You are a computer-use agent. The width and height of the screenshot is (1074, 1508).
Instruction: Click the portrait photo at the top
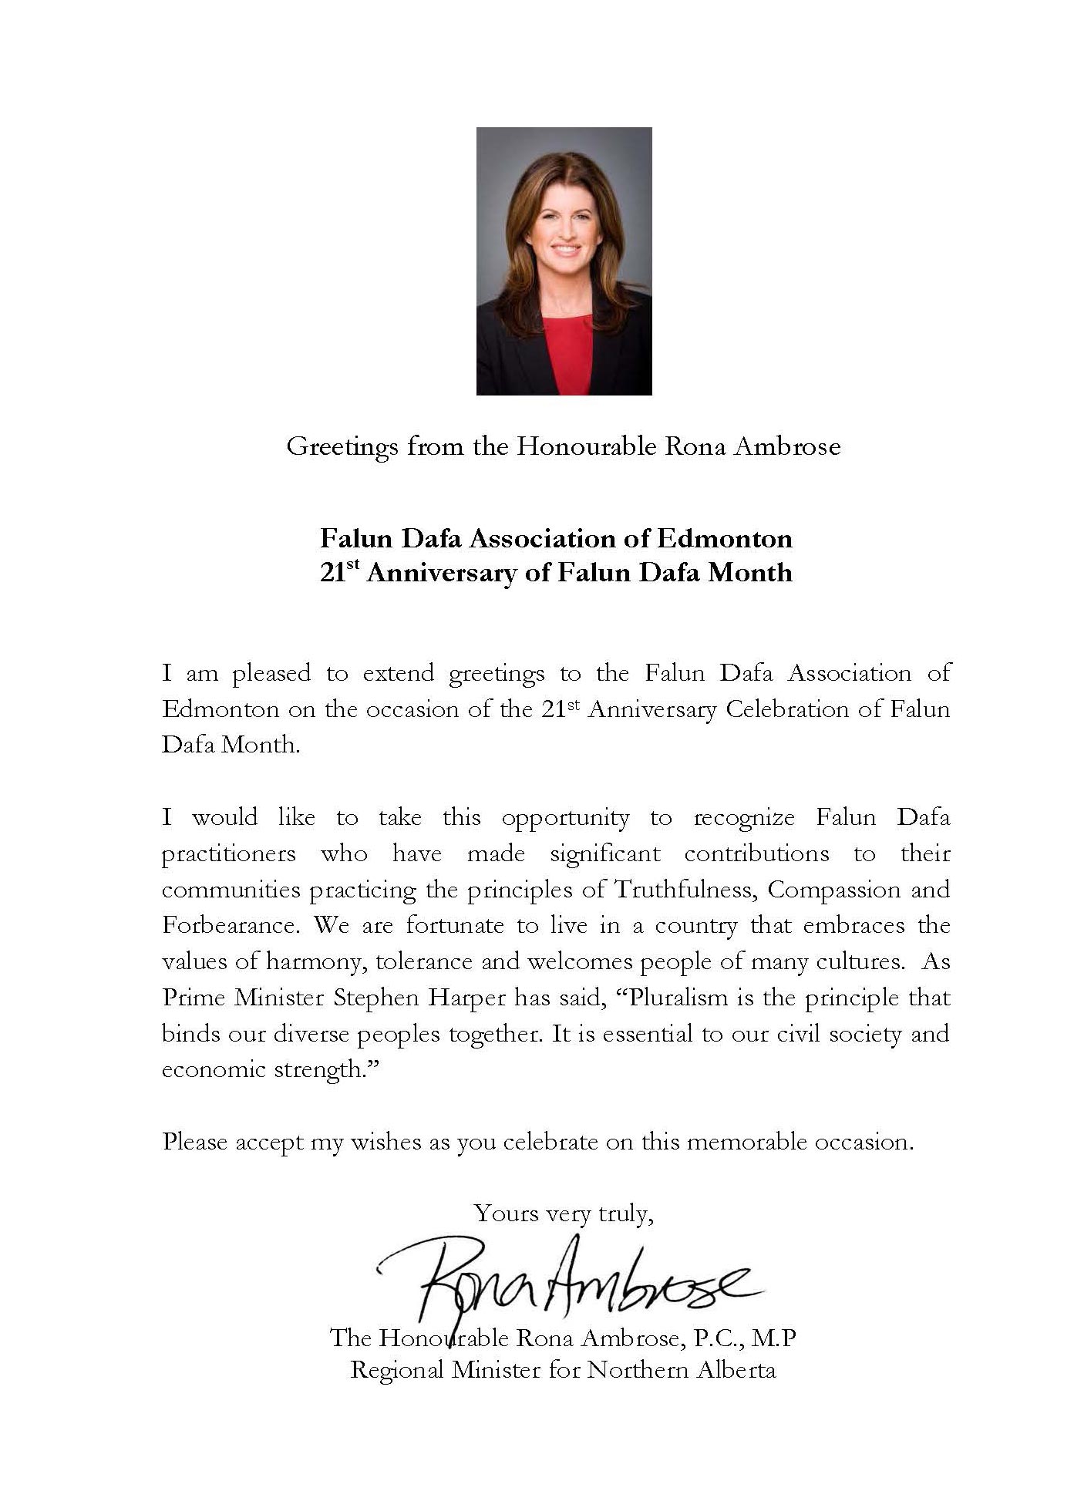click(x=564, y=261)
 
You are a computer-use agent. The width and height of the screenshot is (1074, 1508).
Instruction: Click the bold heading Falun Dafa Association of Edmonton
click(x=556, y=537)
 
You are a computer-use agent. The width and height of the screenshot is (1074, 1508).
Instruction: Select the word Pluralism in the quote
click(x=674, y=998)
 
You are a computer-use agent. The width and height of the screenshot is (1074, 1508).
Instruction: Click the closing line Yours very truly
click(x=564, y=1214)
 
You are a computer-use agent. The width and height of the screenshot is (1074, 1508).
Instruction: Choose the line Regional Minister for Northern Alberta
click(x=563, y=1371)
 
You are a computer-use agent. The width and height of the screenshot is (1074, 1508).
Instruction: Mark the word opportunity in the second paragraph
click(x=565, y=818)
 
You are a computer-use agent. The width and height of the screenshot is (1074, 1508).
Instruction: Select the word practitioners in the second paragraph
click(x=229, y=854)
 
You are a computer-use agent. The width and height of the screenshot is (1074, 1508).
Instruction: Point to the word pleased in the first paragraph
click(x=271, y=673)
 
